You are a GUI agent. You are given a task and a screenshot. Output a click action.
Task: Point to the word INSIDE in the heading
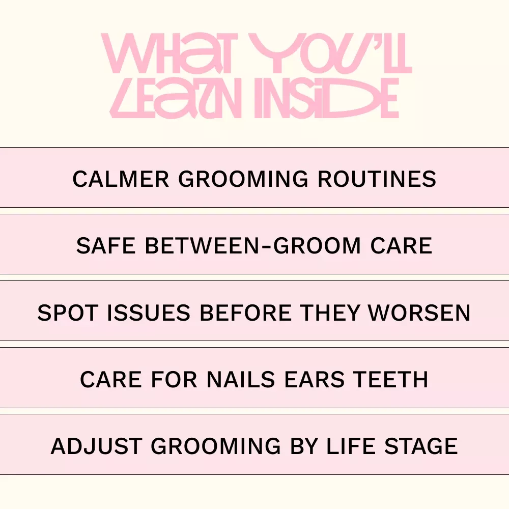tap(327, 98)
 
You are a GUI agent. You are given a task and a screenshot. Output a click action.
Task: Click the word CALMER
tap(121, 179)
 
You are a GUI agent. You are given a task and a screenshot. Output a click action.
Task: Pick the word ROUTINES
tap(377, 179)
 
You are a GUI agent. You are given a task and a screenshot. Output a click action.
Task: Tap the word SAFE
tap(105, 245)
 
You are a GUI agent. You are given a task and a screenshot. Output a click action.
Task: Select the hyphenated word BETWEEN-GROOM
tap(252, 245)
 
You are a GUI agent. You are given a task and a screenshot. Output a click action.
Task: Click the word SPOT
tap(68, 313)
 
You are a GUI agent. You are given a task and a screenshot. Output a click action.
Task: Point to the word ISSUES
tap(148, 313)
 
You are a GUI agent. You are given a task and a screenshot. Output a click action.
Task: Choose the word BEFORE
tap(245, 313)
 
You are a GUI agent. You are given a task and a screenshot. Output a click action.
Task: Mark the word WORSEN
tap(419, 313)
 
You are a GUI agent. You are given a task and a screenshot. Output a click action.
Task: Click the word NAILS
tap(241, 380)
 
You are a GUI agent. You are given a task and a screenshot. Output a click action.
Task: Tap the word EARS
tap(314, 380)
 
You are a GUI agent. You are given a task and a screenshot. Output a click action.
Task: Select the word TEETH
tap(391, 380)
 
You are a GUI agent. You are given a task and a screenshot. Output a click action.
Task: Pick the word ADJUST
tap(96, 446)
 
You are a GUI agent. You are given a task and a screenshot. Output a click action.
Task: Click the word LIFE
tap(351, 446)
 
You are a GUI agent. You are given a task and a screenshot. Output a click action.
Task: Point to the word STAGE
tap(421, 446)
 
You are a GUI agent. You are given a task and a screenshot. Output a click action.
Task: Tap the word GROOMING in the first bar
tap(243, 179)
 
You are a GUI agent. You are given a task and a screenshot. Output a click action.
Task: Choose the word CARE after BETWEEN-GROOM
tap(401, 245)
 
